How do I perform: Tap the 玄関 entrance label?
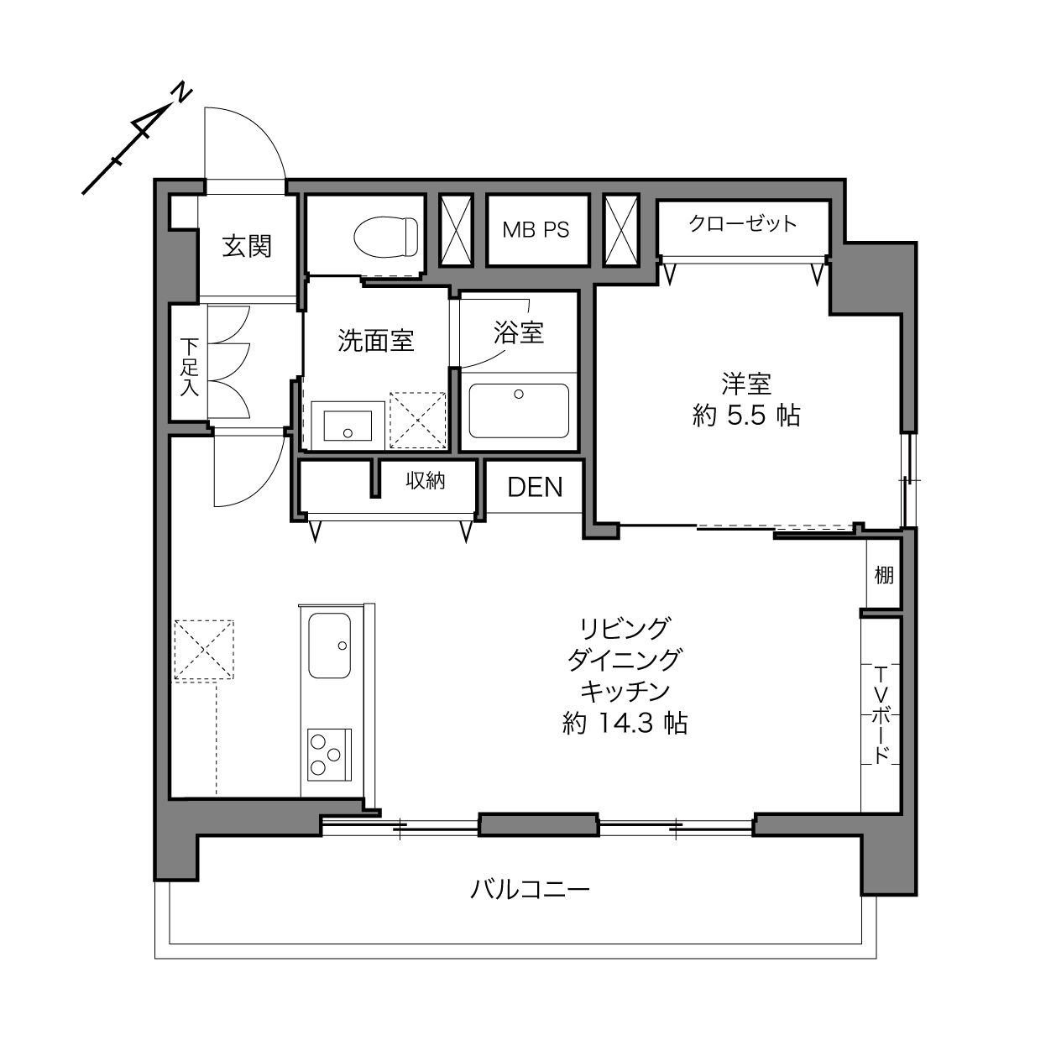click(247, 247)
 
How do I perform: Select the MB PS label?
click(536, 230)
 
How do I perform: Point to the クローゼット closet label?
click(743, 223)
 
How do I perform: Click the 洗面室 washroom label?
click(376, 341)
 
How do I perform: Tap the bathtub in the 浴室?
click(519, 410)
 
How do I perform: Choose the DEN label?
click(535, 487)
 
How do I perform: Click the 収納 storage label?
click(426, 480)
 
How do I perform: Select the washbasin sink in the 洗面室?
click(348, 426)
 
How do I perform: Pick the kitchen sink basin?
click(329, 646)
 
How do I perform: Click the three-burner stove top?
click(329, 756)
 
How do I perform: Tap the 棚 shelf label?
click(884, 575)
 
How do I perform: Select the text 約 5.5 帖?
click(746, 416)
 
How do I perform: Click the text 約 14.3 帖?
click(625, 724)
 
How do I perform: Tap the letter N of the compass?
click(181, 94)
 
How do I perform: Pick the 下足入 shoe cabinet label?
click(189, 367)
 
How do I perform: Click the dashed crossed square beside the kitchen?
click(204, 650)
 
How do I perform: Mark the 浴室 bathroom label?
click(519, 332)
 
